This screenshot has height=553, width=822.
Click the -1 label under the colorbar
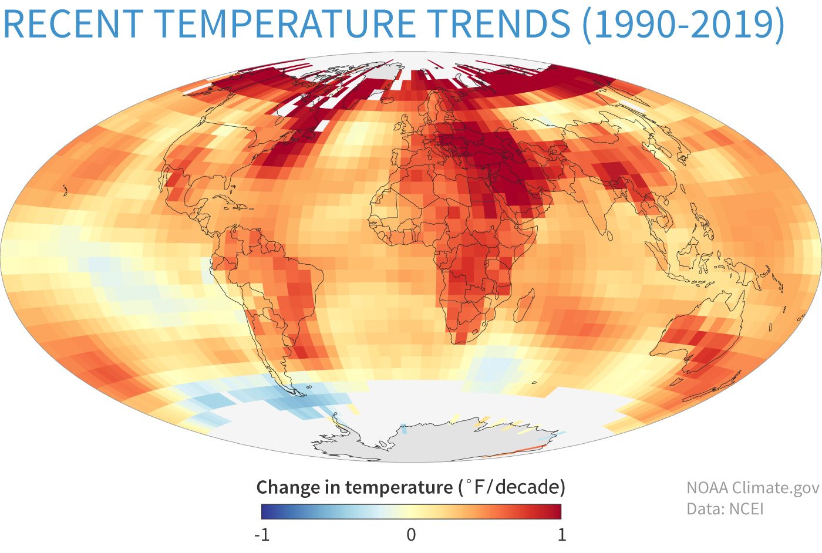click(261, 534)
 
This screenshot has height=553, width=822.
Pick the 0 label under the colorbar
click(411, 534)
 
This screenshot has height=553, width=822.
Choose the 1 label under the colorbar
click(561, 534)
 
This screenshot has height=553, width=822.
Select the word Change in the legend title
click(288, 487)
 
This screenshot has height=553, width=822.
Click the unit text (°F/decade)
click(510, 487)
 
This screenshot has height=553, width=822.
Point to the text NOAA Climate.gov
click(752, 488)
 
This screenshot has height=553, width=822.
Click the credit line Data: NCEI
click(725, 508)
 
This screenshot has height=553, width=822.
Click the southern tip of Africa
click(461, 342)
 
